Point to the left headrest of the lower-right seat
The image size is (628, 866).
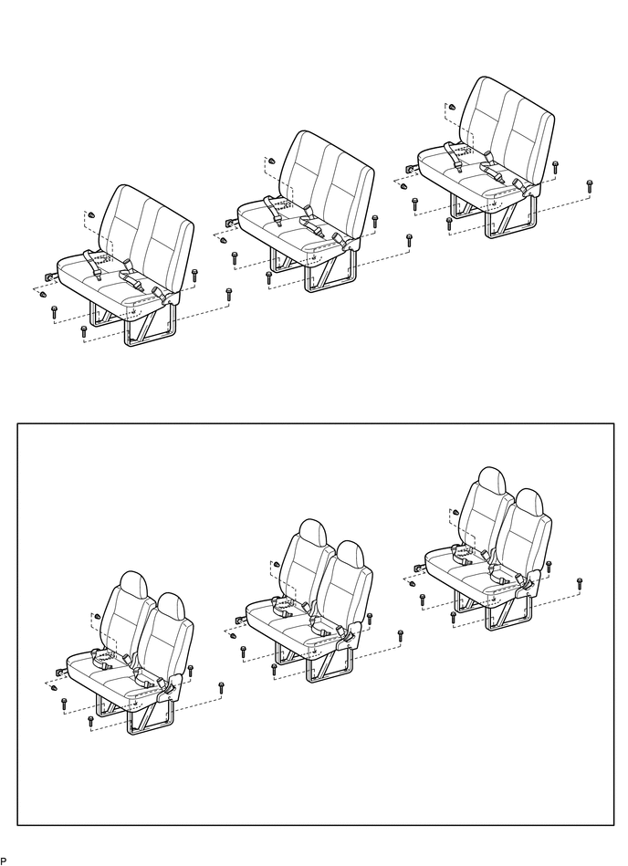click(x=492, y=482)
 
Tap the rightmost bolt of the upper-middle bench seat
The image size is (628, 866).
click(x=409, y=240)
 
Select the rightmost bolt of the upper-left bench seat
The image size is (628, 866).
click(x=229, y=294)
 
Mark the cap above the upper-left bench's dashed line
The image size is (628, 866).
click(x=91, y=214)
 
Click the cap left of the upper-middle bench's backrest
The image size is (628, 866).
click(x=271, y=161)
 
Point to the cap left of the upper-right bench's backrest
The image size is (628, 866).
click(x=451, y=106)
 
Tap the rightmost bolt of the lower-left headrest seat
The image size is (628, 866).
click(x=221, y=688)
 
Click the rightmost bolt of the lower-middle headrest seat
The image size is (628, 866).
click(x=401, y=635)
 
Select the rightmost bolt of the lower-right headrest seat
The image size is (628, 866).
click(x=580, y=583)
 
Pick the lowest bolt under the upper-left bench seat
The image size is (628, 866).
click(x=84, y=331)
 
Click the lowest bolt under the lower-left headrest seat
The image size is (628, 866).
click(x=91, y=721)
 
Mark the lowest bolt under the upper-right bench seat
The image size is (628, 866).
click(x=449, y=224)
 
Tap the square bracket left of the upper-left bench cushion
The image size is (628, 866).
click(x=49, y=276)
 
